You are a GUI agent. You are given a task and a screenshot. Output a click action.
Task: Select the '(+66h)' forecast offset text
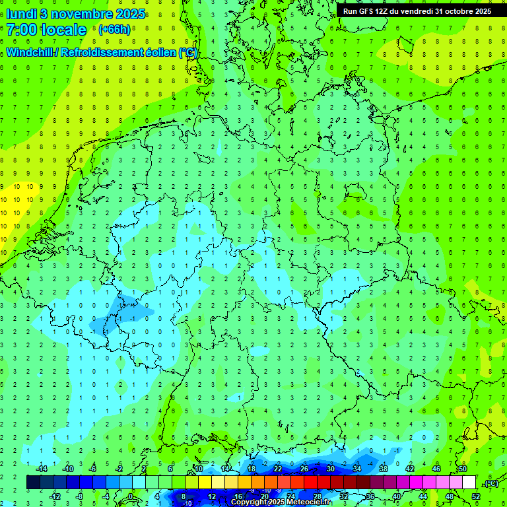tap(114, 30)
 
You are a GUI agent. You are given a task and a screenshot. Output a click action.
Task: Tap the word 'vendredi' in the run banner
tap(415, 11)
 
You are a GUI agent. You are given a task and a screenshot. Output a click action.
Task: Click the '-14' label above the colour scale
tap(41, 469)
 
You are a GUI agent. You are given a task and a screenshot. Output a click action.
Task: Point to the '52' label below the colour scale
tap(476, 496)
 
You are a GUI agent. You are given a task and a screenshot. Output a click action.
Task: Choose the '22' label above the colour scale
tap(278, 469)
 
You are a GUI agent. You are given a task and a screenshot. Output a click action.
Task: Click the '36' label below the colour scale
tap(370, 496)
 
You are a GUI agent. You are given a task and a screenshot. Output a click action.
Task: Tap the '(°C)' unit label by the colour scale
tap(491, 483)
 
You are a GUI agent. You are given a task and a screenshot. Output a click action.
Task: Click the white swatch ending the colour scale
tap(469, 483)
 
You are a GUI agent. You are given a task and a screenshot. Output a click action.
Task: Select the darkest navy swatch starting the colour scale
tap(33, 483)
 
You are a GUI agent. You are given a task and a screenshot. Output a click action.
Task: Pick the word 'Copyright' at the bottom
tap(250, 502)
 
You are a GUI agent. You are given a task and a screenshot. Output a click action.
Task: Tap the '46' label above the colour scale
tap(436, 469)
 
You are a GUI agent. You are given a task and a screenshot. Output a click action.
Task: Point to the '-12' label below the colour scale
tap(55, 496)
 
